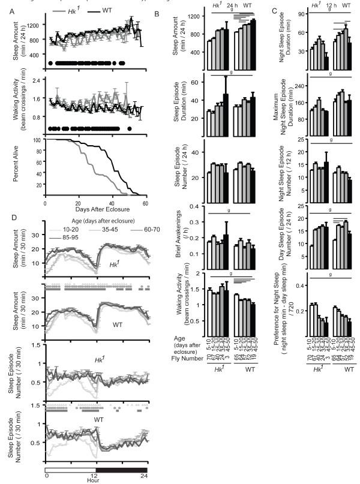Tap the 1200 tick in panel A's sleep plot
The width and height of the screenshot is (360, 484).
34,26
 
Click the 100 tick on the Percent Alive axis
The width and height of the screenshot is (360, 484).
38,140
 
